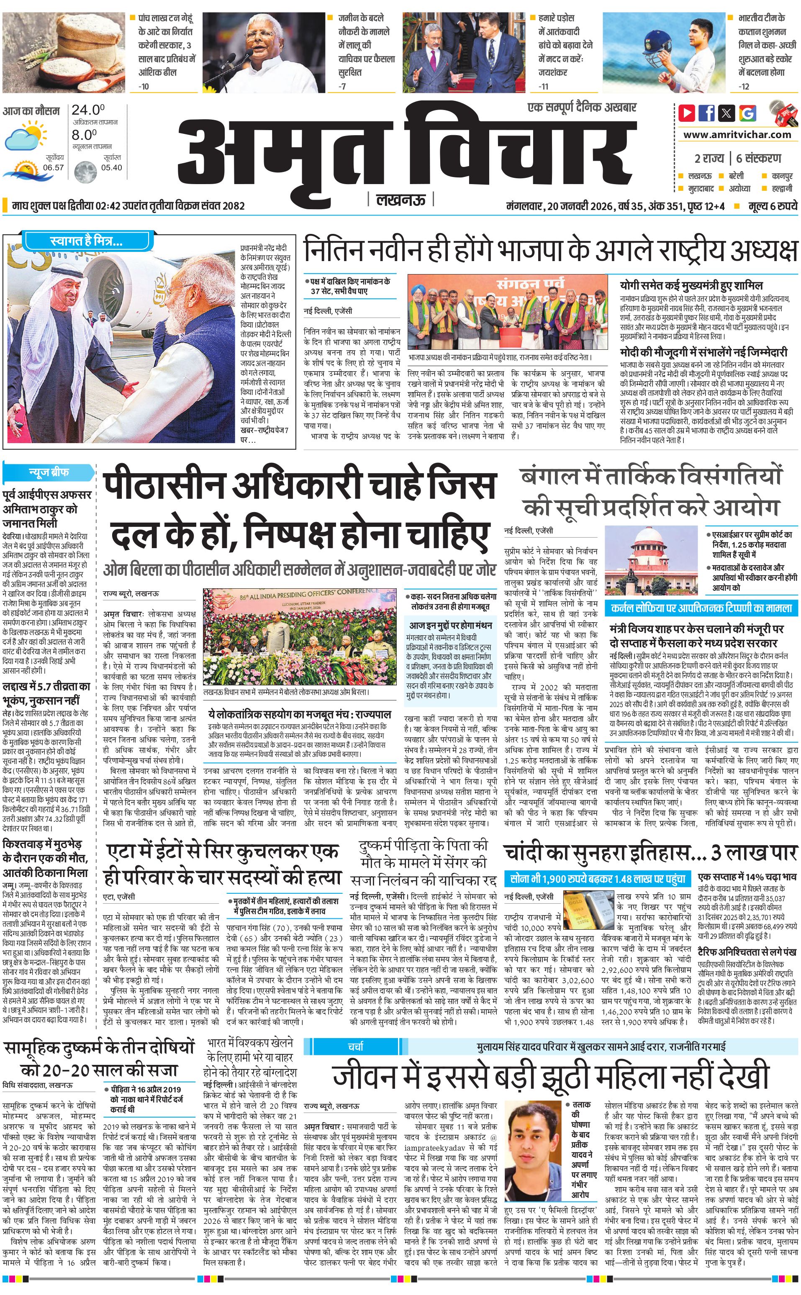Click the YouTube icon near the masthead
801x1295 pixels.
click(687, 113)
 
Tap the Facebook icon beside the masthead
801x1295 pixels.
click(706, 113)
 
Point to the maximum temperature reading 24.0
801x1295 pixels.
click(88, 110)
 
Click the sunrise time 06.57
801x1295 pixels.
click(54, 167)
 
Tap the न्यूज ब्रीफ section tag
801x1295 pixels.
click(49, 472)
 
